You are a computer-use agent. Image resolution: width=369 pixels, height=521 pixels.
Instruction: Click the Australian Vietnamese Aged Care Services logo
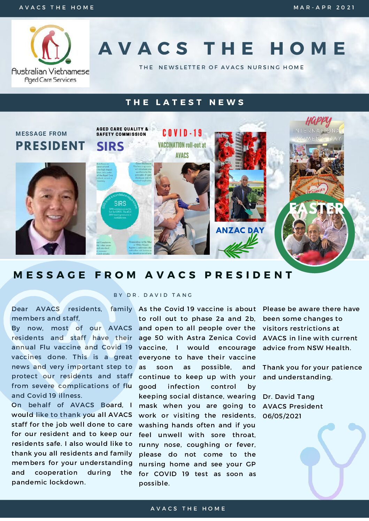pos(51,53)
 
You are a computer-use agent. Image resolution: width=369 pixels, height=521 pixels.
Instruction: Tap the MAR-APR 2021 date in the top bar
pos(324,7)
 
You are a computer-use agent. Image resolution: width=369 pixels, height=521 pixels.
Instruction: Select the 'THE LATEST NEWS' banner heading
pos(185,102)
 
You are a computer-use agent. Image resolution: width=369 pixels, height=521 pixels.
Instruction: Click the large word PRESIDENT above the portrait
pos(51,146)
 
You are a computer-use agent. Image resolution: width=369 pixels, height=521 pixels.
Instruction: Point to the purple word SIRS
pos(110,147)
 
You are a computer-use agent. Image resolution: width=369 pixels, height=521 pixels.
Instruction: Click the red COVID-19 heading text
pos(182,133)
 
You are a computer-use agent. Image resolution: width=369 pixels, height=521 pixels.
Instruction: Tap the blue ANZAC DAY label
pos(240,230)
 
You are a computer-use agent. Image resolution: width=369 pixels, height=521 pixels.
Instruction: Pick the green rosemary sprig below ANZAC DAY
pos(240,246)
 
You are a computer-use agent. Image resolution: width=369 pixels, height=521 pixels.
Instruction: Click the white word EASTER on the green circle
pos(316,208)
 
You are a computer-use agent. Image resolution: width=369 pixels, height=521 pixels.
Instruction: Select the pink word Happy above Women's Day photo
pos(318,122)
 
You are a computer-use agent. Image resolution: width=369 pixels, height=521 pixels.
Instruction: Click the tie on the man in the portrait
pos(51,248)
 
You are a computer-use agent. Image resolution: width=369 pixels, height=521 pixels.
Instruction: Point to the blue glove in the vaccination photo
pos(183,204)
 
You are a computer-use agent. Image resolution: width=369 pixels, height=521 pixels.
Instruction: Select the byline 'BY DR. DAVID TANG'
pos(153,295)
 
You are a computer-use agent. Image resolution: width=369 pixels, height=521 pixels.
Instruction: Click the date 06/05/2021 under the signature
pos(282,416)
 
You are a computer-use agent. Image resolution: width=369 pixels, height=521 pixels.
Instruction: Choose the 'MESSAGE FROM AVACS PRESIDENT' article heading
pos(153,275)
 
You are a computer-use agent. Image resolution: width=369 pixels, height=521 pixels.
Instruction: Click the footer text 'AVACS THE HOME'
pos(188,508)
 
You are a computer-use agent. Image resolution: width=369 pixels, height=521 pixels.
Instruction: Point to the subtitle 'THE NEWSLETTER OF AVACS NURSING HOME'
pos(222,67)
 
